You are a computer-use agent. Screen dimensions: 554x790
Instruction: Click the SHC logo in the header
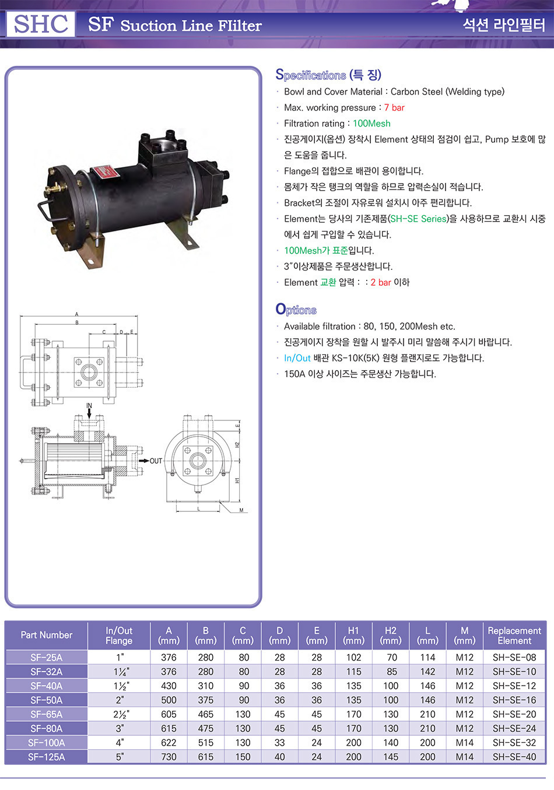pyautogui.click(x=41, y=24)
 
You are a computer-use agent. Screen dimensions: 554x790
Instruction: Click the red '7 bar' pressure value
pyautogui.click(x=394, y=107)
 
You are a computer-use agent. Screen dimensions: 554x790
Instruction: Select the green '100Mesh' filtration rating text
pyautogui.click(x=371, y=124)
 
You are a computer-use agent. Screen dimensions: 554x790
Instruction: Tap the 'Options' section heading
pyautogui.click(x=296, y=310)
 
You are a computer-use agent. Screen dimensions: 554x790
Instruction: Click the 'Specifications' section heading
pyautogui.click(x=310, y=75)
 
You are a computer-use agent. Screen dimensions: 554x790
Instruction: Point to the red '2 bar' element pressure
pyautogui.click(x=381, y=283)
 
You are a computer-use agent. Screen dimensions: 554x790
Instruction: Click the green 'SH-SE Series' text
pyautogui.click(x=419, y=219)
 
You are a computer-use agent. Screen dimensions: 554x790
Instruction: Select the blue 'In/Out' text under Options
pyautogui.click(x=297, y=359)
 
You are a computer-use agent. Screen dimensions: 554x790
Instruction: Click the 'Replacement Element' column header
pyautogui.click(x=514, y=635)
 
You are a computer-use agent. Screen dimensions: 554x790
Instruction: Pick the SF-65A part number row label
pyautogui.click(x=46, y=714)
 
